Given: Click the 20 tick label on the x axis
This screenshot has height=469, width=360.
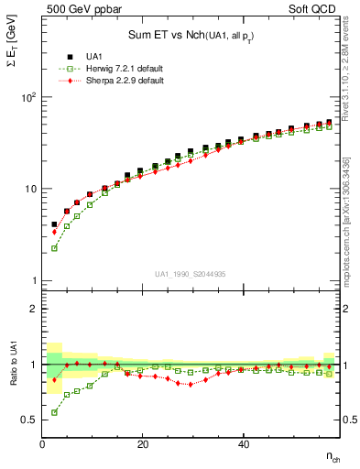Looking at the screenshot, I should pos(143,445).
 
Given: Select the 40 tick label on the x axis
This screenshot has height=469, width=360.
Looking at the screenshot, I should pos(243,445).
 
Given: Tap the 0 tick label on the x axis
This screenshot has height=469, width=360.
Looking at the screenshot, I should pos(43,445).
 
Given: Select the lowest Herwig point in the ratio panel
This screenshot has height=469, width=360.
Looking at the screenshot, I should pos(54,412).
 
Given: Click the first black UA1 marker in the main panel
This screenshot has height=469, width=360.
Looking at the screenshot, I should pos(54,224).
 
